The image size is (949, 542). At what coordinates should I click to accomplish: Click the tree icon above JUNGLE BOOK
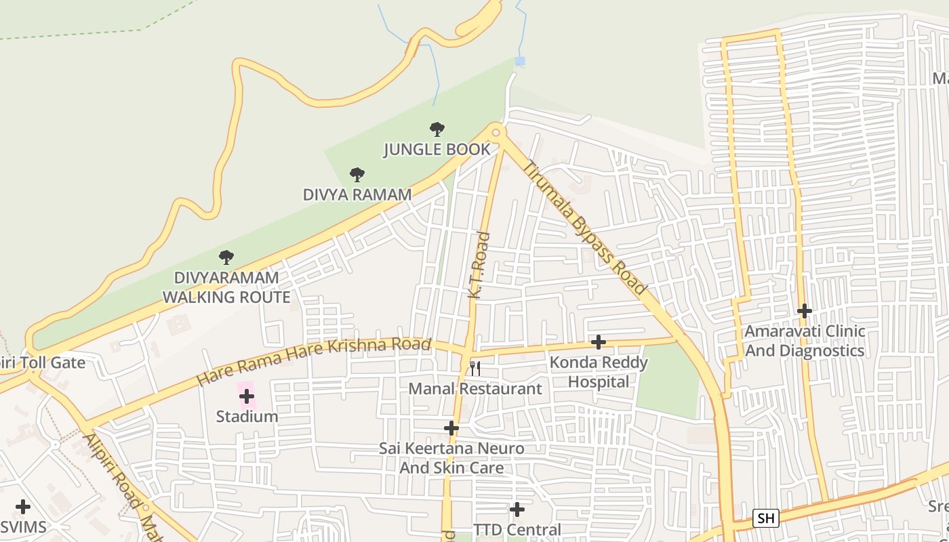point(437,129)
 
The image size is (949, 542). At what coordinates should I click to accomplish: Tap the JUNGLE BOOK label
point(437,149)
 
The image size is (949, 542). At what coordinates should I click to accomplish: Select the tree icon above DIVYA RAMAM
point(357,175)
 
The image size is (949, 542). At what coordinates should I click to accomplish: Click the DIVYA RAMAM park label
point(357,194)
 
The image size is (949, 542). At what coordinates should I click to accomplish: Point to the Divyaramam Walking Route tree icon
point(226,257)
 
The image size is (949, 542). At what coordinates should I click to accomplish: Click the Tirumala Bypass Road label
point(585,228)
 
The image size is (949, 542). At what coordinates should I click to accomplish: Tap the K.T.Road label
point(479,266)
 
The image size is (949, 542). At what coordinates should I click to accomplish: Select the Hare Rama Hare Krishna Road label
point(314,361)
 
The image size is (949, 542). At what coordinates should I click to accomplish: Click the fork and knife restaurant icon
point(475,368)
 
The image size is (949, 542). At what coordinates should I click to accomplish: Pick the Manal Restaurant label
point(475,389)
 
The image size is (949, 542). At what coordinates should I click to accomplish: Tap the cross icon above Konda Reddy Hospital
point(598,342)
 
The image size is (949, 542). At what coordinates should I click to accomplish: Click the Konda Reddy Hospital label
point(598,372)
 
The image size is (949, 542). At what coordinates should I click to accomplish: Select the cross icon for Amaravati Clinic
point(804,311)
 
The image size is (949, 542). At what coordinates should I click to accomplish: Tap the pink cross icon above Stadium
point(247,396)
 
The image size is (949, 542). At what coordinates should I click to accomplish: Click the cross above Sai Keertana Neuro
point(451,428)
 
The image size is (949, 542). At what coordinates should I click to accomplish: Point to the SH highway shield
point(765,518)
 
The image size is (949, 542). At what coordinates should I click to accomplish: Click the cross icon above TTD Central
point(517,509)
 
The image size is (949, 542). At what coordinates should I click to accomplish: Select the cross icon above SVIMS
point(23,507)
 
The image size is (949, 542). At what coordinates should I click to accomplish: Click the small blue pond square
point(520,62)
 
